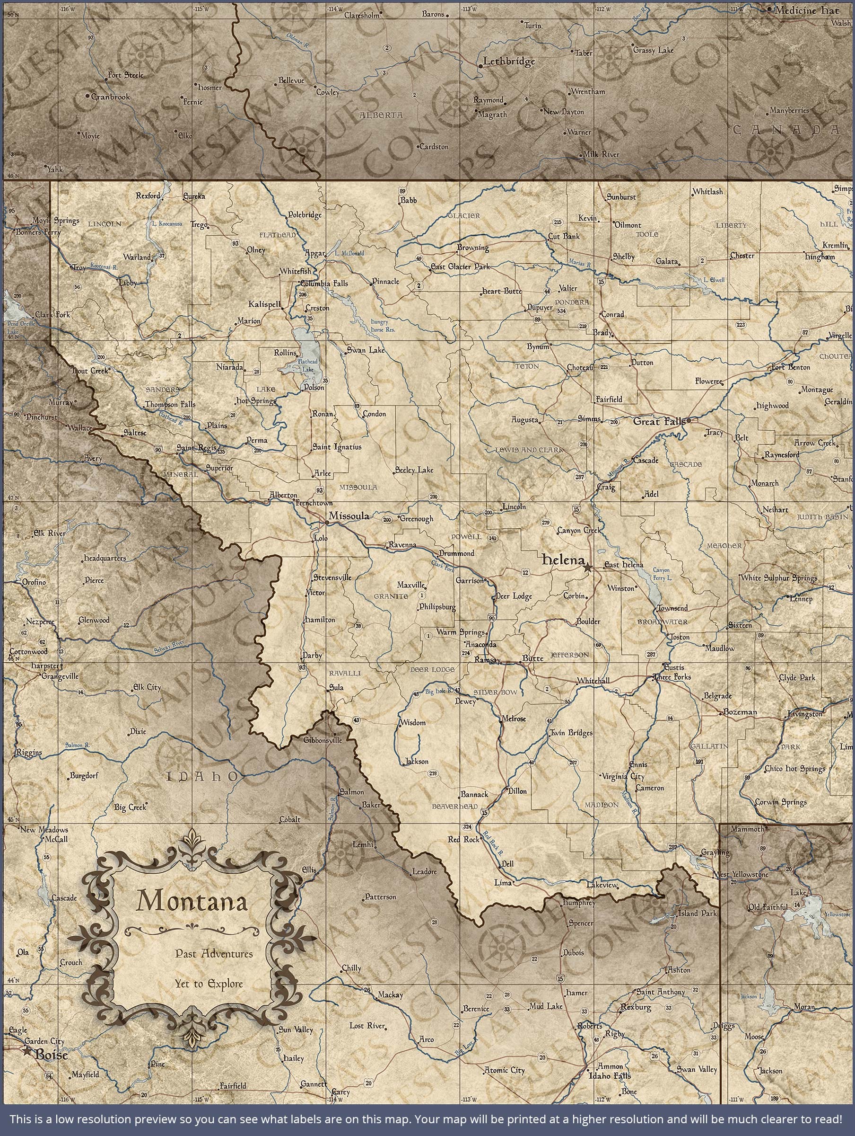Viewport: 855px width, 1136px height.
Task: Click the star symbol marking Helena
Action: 588,568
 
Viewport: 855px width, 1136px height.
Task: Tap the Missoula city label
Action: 349,516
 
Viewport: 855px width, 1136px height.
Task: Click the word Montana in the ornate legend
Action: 192,900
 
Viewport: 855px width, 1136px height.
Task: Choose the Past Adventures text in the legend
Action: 214,954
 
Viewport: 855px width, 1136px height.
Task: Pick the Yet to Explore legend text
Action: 209,984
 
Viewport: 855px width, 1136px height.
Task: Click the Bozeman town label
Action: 740,712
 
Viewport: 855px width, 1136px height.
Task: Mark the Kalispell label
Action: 264,304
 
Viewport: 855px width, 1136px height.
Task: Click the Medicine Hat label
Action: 807,10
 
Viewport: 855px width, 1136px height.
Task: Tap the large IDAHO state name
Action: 201,776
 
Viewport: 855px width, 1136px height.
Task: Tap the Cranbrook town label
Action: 110,97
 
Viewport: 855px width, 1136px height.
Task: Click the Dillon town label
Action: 517,791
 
